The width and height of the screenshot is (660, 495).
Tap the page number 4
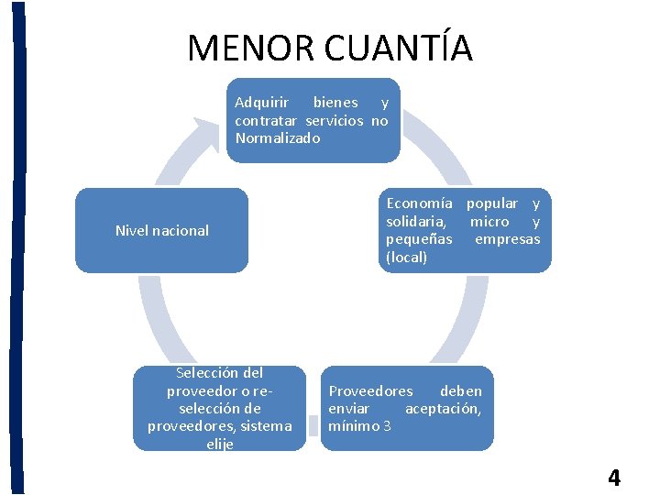613,478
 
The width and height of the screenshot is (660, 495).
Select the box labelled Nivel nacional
161,231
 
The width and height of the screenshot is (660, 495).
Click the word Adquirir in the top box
261,103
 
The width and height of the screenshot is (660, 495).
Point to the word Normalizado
278,138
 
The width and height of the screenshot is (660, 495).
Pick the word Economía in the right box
419,203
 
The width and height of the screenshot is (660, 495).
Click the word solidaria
416,222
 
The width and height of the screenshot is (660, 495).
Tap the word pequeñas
419,239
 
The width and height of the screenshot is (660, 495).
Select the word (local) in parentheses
407,258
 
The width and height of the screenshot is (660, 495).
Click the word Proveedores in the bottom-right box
370,390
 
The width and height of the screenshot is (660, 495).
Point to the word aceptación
443,408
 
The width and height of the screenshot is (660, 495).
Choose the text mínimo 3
359,425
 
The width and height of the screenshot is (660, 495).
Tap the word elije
220,445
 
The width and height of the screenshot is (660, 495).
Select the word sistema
265,426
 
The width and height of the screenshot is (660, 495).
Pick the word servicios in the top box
335,121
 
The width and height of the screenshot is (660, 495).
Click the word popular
491,203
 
